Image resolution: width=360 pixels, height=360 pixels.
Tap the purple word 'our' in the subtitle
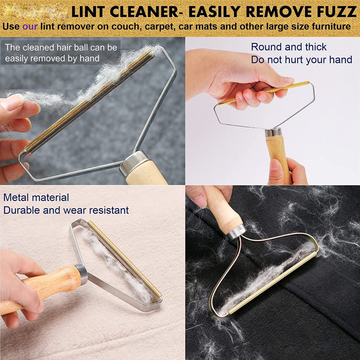tap(30, 27)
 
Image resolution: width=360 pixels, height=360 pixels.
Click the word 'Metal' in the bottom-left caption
tap(17, 198)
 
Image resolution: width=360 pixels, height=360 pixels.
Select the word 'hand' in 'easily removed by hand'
tap(90, 58)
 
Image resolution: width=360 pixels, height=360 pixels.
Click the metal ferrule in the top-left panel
tap(134, 162)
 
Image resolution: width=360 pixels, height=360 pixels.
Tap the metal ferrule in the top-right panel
tap(273, 132)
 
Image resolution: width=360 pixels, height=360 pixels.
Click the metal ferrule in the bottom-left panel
tap(81, 274)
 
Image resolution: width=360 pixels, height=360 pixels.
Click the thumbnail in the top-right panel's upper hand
tap(289, 80)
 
